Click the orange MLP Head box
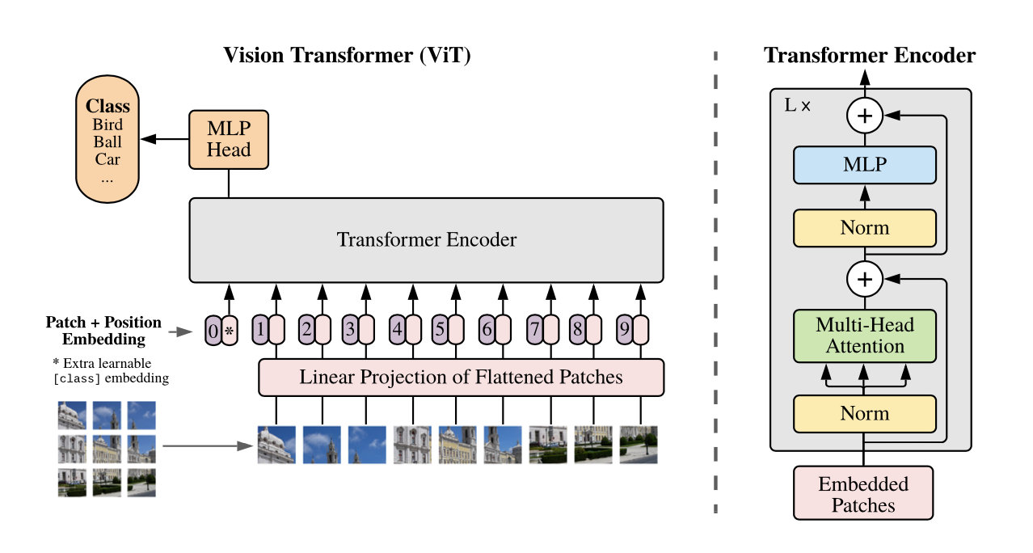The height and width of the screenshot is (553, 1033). pos(228,140)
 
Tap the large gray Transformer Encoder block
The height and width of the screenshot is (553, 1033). pos(426,240)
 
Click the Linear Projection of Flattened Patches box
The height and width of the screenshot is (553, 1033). pos(461,377)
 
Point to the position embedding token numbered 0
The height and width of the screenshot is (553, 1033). pos(213,331)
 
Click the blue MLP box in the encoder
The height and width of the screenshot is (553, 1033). pos(865,164)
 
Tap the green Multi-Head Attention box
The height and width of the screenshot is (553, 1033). pos(865,336)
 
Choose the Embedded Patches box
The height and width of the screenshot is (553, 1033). pos(863,495)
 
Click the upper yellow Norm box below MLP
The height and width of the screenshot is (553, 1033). pos(865,228)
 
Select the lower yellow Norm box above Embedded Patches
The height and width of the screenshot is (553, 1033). pos(865,414)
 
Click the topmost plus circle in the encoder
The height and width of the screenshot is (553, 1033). pos(865,117)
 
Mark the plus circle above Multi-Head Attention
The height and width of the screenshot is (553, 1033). pos(865,280)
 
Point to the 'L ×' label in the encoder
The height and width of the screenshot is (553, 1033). pos(798,106)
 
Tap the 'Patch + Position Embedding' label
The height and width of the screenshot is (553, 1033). pos(103,331)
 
